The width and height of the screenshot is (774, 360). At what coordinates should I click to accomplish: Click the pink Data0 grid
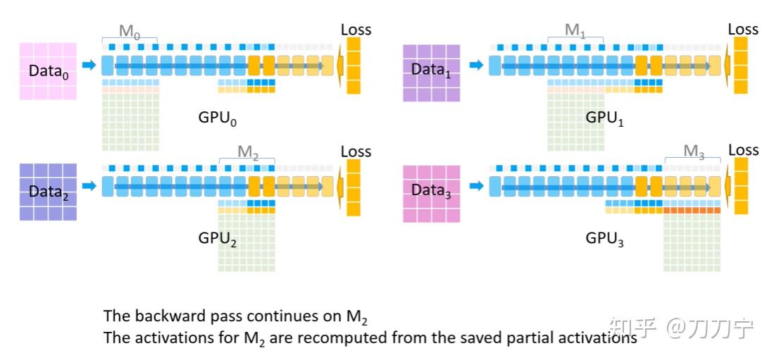coord(48,71)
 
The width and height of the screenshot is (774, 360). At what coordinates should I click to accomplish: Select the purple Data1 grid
coord(432,73)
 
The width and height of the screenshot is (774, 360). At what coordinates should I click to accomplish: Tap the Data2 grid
coord(48,192)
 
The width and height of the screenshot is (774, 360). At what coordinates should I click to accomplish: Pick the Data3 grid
coord(432,194)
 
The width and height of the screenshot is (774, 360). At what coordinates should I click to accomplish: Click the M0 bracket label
coord(130,31)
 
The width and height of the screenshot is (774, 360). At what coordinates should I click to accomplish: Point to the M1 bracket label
coord(575,31)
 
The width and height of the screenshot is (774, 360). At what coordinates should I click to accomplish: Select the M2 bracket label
coord(248,152)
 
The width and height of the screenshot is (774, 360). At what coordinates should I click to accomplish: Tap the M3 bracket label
coord(694,152)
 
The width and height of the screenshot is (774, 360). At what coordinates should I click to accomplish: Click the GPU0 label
coord(217,118)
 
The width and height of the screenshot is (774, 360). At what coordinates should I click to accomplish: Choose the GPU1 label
coord(604,118)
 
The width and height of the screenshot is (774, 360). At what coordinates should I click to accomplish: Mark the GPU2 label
coord(217,239)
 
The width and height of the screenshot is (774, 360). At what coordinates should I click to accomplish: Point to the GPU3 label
coord(604,240)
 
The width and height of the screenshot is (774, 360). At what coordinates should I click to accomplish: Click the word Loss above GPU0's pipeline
coord(356,30)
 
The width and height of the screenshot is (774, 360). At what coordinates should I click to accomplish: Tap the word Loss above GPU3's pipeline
coord(743,149)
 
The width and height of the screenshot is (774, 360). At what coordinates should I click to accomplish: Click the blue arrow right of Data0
coord(89,66)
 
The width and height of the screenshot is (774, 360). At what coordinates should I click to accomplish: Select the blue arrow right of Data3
coord(476,186)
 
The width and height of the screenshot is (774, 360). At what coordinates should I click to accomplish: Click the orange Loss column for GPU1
coord(740,66)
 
